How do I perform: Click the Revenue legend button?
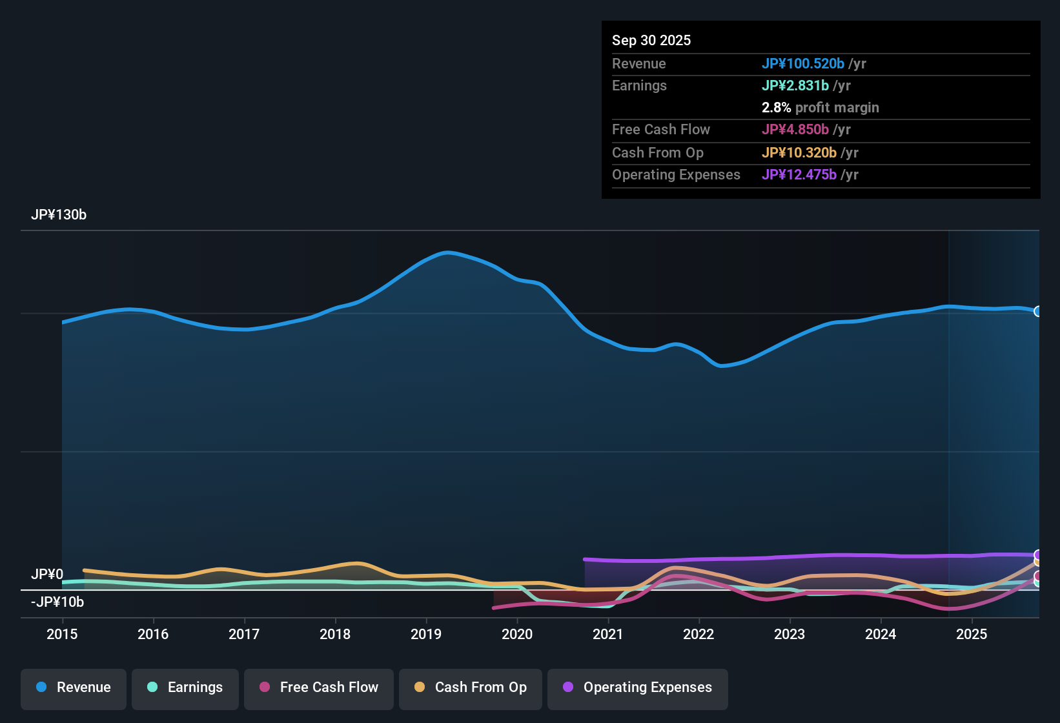[74, 687]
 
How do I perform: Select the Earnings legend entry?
[185, 687]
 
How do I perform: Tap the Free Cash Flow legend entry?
[319, 687]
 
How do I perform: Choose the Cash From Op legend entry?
[471, 687]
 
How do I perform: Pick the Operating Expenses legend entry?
[638, 687]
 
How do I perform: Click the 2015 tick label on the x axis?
[62, 634]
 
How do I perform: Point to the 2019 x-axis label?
[426, 634]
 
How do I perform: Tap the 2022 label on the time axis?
[698, 634]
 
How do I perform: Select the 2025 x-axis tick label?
[972, 634]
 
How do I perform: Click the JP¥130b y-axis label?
[59, 215]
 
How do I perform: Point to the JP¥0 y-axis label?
[47, 574]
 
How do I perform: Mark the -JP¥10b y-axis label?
[57, 602]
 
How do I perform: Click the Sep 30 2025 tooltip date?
[651, 40]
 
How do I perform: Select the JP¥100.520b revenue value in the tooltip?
[803, 63]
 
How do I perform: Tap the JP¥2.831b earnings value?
[795, 85]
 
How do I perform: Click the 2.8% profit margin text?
[820, 107]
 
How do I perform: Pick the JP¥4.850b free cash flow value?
[795, 129]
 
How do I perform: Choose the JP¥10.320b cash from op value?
[799, 152]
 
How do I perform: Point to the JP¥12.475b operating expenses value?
[799, 174]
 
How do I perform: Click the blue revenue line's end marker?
[1037, 311]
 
